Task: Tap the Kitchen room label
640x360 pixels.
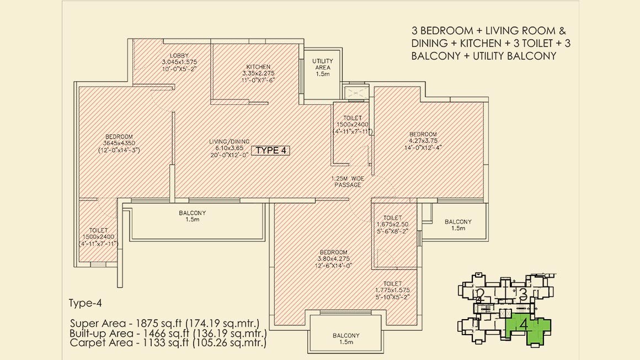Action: [258, 67]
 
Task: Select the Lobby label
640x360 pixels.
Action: [179, 56]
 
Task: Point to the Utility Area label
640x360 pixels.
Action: [322, 64]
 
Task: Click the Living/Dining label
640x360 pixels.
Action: [229, 142]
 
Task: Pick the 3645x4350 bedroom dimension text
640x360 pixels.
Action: [119, 144]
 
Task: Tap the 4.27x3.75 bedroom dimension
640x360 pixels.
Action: [423, 141]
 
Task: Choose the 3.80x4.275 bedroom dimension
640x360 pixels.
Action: [333, 258]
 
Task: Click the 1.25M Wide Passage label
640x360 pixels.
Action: [348, 182]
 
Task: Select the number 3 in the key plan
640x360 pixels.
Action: [523, 294]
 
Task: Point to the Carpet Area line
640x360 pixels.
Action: [168, 342]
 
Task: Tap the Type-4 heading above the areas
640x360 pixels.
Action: [86, 303]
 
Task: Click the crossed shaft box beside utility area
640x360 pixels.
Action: [356, 93]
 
